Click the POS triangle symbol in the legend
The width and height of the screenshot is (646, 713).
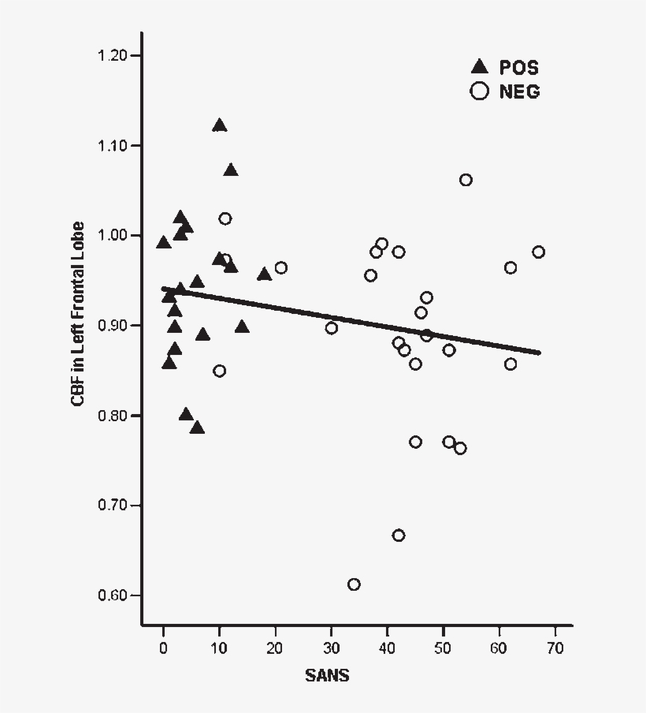[478, 67]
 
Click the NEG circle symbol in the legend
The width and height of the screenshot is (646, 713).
[478, 91]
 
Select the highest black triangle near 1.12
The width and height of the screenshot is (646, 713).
[219, 125]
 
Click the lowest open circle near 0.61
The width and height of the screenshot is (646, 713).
[354, 584]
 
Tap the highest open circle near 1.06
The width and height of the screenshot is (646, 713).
[466, 180]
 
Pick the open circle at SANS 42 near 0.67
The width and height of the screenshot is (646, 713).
[399, 535]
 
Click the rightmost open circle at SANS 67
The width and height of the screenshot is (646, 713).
[538, 252]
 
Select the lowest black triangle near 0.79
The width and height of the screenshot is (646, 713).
[197, 427]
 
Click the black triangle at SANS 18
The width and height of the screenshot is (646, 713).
[264, 274]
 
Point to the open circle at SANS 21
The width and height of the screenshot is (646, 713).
[280, 268]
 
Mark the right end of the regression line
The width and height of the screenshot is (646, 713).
[540, 353]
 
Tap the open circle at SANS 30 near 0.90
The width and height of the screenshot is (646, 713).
[331, 328]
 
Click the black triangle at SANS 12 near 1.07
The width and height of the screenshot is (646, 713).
[230, 170]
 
